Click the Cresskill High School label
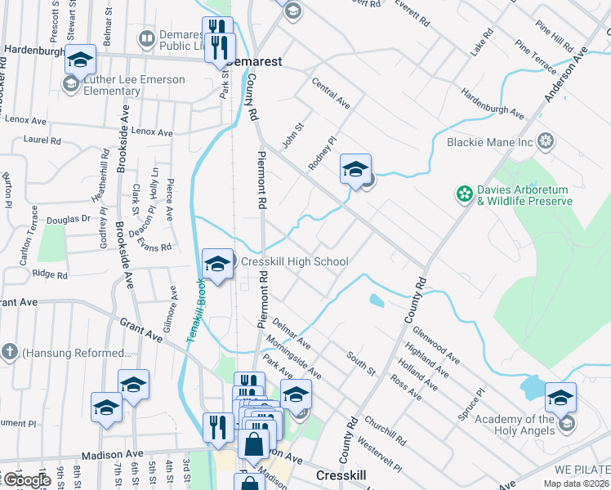(x=294, y=262)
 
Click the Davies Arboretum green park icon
(x=464, y=194)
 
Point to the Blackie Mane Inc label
(x=489, y=142)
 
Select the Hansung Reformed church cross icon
(x=9, y=353)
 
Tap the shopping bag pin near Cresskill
(x=254, y=445)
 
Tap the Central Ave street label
(x=331, y=94)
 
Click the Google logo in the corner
(x=26, y=481)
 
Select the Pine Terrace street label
(x=535, y=56)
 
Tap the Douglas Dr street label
(x=69, y=219)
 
